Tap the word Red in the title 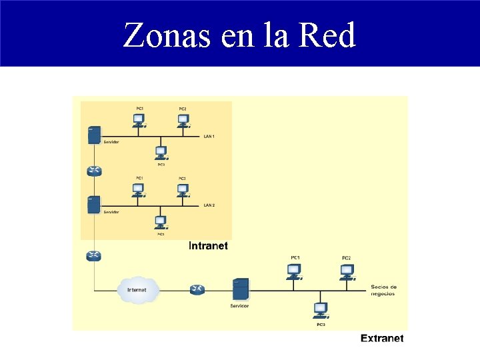pyautogui.click(x=327, y=35)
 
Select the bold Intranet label pyautogui.click(x=208, y=246)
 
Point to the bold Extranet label pyautogui.click(x=382, y=338)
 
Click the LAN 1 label pyautogui.click(x=209, y=137)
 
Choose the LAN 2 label pyautogui.click(x=209, y=205)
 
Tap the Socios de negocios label pyautogui.click(x=383, y=290)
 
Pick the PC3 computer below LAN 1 pyautogui.click(x=161, y=153)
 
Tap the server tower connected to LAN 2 pyautogui.click(x=94, y=205)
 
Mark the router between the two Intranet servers pyautogui.click(x=94, y=171)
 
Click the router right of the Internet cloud pyautogui.click(x=197, y=289)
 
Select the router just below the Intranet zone pyautogui.click(x=94, y=256)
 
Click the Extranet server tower pyautogui.click(x=239, y=290)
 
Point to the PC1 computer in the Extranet pyautogui.click(x=294, y=271)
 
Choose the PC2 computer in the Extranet pyautogui.click(x=347, y=271)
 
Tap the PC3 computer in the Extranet pyautogui.click(x=321, y=310)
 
